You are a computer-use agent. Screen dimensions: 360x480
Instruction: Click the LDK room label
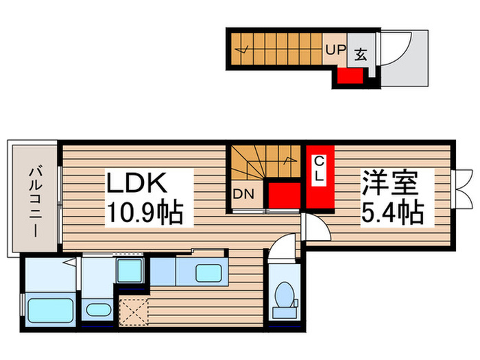tap(136, 185)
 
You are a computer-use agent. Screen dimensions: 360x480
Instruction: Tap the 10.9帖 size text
tap(143, 215)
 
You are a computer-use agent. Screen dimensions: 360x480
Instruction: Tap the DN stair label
tap(243, 194)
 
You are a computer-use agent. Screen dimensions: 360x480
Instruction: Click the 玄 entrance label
tap(360, 53)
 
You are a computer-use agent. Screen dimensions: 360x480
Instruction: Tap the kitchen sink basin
tap(208, 272)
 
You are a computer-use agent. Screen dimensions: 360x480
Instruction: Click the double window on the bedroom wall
tap(464, 184)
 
